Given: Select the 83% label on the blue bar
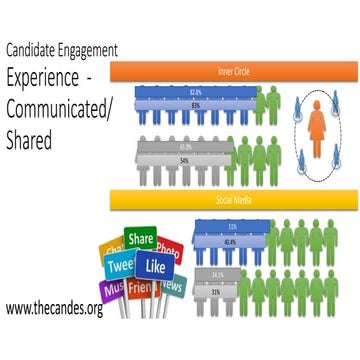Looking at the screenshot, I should point(194,104).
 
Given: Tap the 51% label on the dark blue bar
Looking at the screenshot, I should point(232,226).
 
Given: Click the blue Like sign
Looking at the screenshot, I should point(156,266).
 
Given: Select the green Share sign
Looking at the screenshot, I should point(141,240).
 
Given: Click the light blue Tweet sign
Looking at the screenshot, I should point(122,265).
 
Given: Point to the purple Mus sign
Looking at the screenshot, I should point(112,289).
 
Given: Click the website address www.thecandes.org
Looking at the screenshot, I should point(53,309).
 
